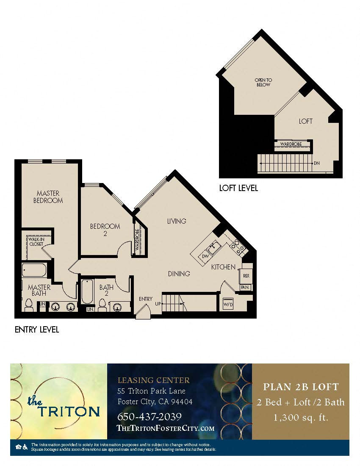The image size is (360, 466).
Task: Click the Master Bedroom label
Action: (x=48, y=197)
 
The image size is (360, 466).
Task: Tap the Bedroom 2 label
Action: (x=105, y=229)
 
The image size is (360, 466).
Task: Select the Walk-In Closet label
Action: (x=36, y=241)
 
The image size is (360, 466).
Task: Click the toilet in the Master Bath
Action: (x=29, y=305)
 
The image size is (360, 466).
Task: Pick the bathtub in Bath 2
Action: (x=87, y=292)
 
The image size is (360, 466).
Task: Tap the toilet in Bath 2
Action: (x=102, y=305)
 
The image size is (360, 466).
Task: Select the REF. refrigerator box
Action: (x=246, y=275)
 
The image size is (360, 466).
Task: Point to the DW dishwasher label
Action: (x=205, y=256)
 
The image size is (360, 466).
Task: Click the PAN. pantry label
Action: (x=245, y=287)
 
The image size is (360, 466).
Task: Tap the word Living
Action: (x=176, y=221)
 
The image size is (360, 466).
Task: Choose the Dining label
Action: (x=179, y=274)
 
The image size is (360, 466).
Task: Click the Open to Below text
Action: (x=263, y=82)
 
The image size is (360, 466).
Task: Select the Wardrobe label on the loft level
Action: (x=291, y=144)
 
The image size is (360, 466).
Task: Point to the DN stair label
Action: (x=316, y=163)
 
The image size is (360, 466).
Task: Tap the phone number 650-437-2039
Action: (x=149, y=416)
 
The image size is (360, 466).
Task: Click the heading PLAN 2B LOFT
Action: (x=301, y=387)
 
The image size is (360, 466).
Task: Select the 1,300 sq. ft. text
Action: (x=301, y=417)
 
